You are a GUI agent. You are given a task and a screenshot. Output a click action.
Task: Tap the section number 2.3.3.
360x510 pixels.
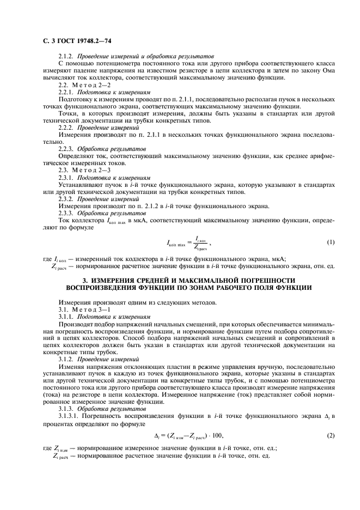click(66, 198)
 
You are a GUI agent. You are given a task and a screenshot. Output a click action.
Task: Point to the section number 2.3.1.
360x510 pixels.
click(66, 177)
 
